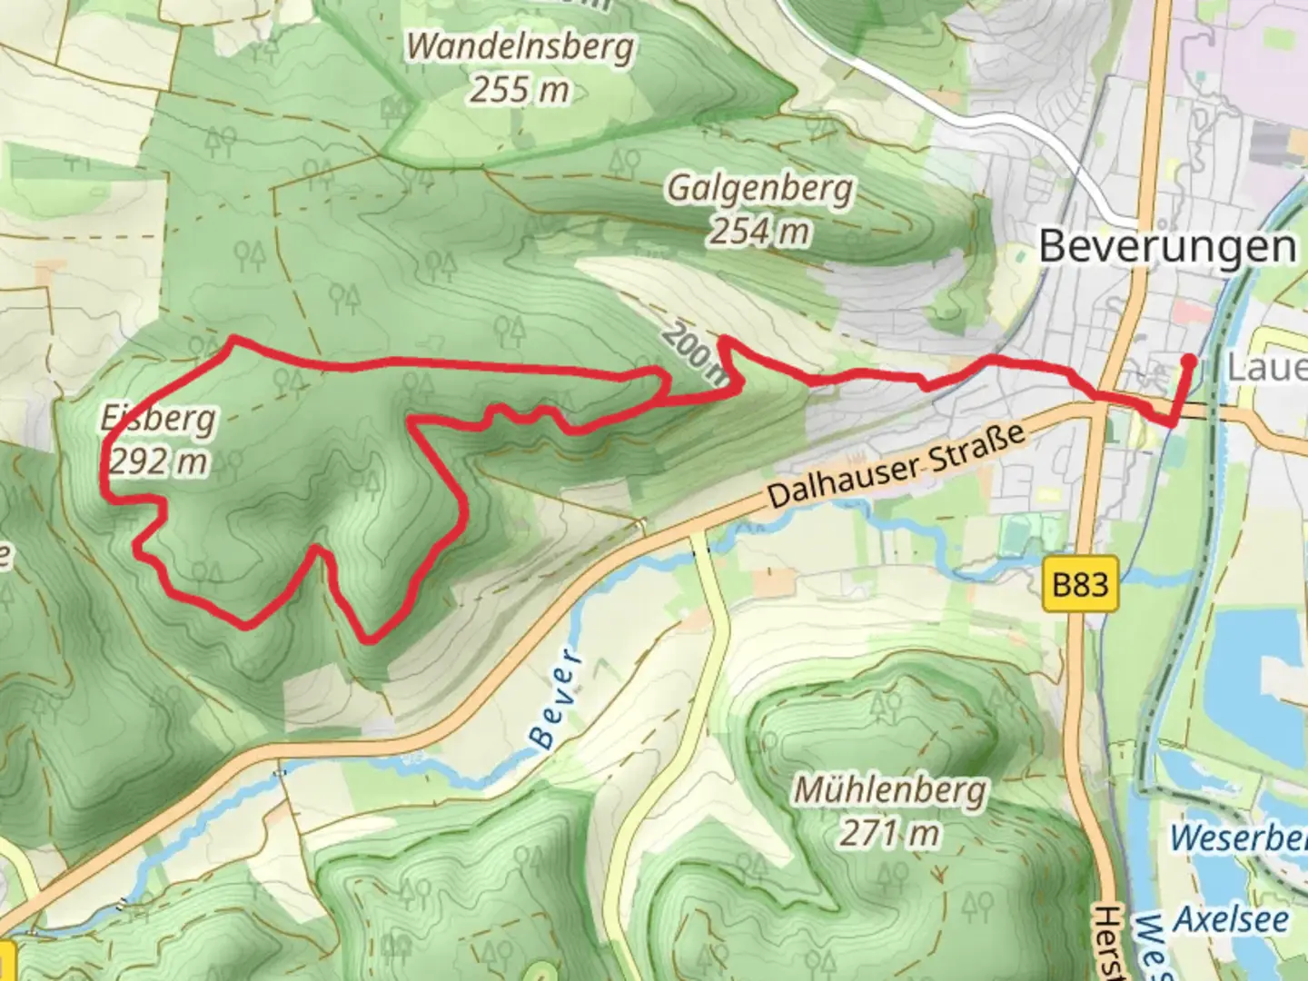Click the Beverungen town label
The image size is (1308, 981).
click(1167, 246)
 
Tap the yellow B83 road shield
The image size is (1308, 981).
click(1079, 583)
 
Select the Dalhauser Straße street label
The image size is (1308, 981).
click(897, 468)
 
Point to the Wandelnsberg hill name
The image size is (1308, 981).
click(520, 46)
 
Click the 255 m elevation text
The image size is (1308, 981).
click(520, 90)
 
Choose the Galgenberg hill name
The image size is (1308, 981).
click(760, 189)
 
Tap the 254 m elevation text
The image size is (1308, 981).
click(759, 232)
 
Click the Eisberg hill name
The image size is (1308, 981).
click(159, 419)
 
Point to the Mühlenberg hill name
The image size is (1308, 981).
click(889, 789)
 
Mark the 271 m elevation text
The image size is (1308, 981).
click(889, 833)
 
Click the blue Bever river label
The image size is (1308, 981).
click(557, 699)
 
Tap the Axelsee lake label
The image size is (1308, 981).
click(1232, 919)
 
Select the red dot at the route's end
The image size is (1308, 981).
click(1187, 361)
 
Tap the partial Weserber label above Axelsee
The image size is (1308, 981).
click(1239, 837)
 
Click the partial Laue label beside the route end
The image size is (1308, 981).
click(1266, 368)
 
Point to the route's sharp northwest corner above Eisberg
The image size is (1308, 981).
click(233, 339)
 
